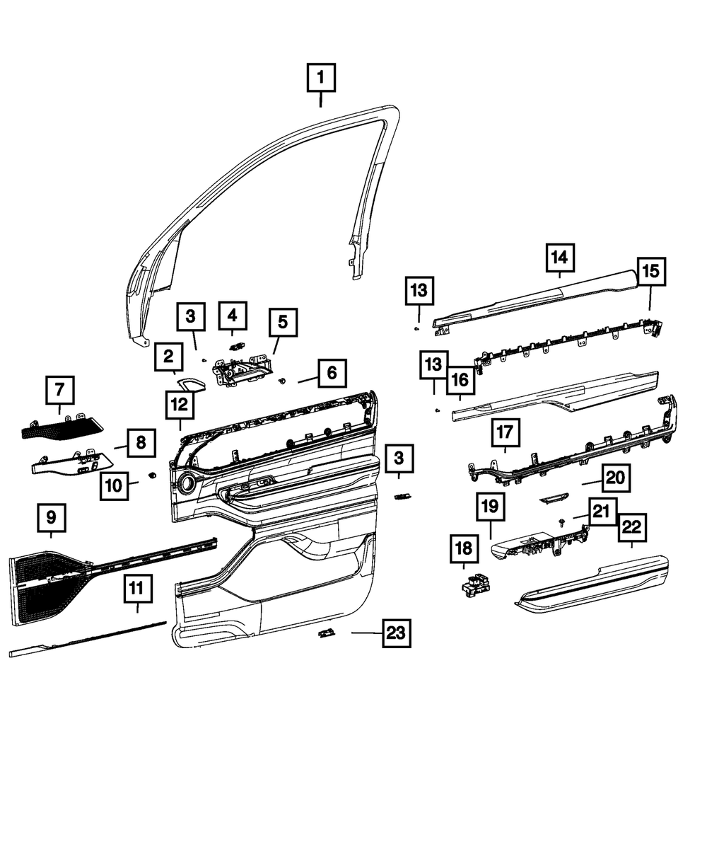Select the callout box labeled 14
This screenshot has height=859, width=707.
560,258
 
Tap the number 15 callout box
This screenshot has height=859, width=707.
651,270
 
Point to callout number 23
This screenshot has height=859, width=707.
396,634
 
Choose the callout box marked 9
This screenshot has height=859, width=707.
51,518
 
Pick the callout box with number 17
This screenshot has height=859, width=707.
505,432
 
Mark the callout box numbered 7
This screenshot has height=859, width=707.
59,390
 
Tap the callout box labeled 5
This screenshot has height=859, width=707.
283,323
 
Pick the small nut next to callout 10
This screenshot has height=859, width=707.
151,475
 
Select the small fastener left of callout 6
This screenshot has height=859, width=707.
284,381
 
